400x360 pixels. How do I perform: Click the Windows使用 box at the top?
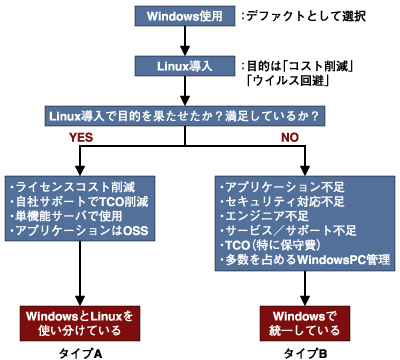185,18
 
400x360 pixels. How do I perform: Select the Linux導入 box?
185,67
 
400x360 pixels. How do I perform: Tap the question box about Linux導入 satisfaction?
200,116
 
